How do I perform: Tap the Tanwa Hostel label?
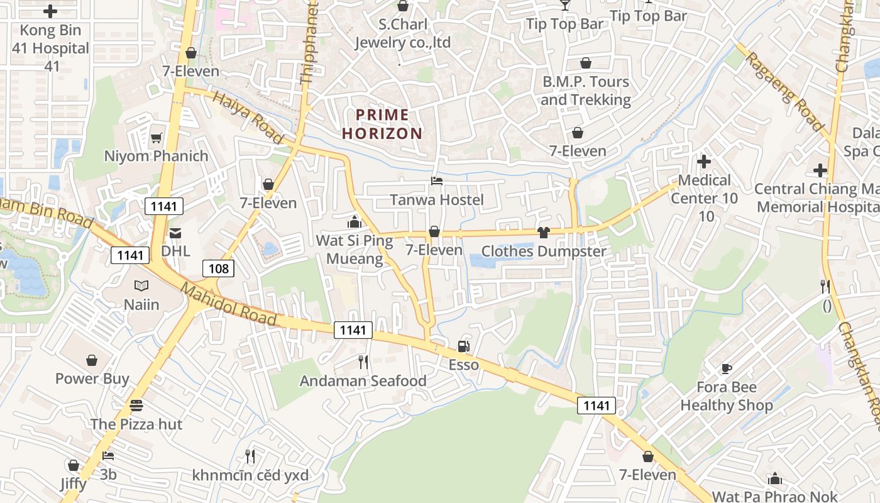click(x=437, y=200)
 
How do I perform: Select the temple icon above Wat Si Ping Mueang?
click(x=355, y=222)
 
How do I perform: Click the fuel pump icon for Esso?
click(x=463, y=346)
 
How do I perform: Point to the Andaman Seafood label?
click(x=363, y=381)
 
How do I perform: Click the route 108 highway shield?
click(x=219, y=268)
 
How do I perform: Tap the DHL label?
click(x=175, y=251)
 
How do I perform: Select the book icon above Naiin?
click(x=141, y=286)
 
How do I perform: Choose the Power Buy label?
click(x=92, y=379)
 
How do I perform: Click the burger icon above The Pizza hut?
click(x=136, y=406)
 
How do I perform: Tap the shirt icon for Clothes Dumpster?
click(x=544, y=233)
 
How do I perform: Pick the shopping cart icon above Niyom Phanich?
click(x=156, y=138)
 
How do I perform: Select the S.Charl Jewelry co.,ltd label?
click(x=403, y=34)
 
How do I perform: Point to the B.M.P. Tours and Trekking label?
click(x=585, y=91)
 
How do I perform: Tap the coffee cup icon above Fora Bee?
click(x=727, y=368)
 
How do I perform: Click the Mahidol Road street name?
click(x=229, y=304)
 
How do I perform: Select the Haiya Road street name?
click(x=248, y=117)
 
